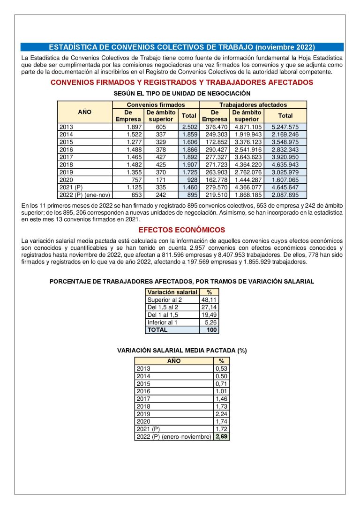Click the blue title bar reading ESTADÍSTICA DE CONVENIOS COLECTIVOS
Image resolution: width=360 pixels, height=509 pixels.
[182, 47]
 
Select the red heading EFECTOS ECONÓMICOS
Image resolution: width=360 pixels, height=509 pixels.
[182, 230]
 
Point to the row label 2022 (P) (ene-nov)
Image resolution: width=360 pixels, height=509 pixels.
[84, 195]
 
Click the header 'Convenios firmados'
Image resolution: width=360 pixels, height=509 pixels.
[156, 105]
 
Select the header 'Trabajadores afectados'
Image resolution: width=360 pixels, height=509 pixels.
[253, 105]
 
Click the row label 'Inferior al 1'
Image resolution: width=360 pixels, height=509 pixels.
[162, 322]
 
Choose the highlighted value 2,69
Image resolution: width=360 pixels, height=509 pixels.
[221, 437]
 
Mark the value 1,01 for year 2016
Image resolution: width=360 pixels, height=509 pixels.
[221, 391]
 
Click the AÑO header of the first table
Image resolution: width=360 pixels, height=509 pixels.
[84, 112]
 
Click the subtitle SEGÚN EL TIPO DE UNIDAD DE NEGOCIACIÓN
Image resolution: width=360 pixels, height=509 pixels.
[182, 94]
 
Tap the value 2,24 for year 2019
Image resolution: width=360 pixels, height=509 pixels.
[221, 414]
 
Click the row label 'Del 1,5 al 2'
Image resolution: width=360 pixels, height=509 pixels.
[163, 307]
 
